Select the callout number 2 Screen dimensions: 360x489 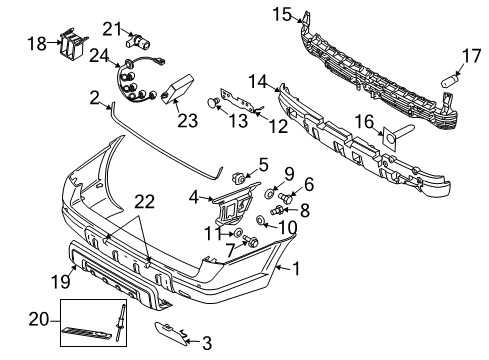point(94,98)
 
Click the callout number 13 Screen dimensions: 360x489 point(238,122)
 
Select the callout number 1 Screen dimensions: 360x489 point(295,268)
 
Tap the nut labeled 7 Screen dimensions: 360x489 point(252,243)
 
